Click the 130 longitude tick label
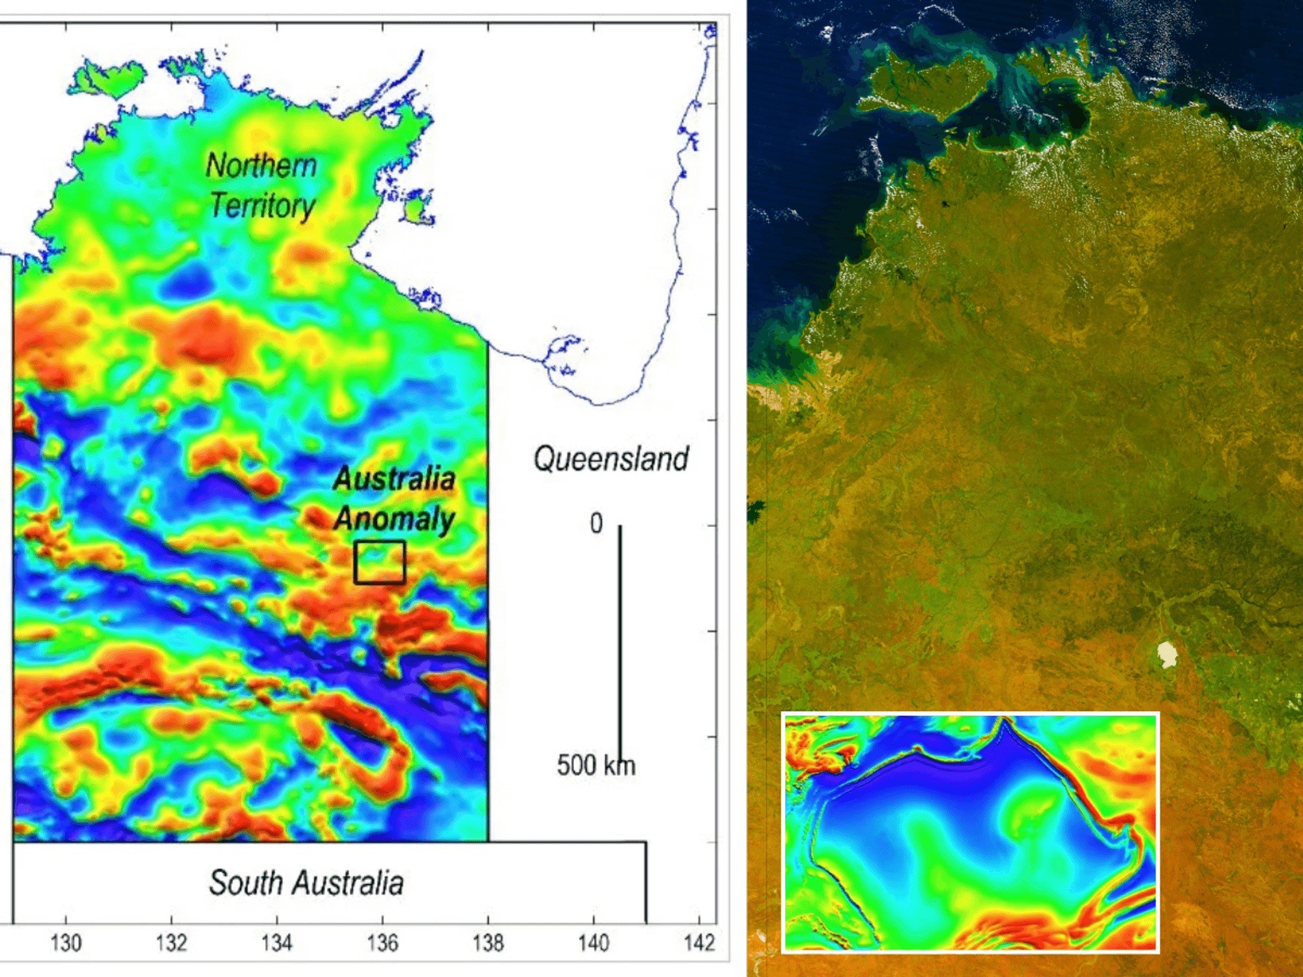coord(66,942)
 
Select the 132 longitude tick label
coord(171,942)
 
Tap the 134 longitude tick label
coord(277,942)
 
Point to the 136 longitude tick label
coord(382,942)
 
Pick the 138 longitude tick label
coord(488,942)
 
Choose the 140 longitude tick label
coord(594,942)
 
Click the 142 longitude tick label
coord(699,942)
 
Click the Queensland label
coord(611,459)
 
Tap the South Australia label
coord(306,883)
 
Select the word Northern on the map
coord(261,165)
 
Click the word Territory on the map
coord(263,206)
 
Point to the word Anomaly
coord(394,519)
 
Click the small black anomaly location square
coord(380,562)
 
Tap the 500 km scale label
coord(595,765)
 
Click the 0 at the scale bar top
coord(596,524)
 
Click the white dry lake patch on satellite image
coord(1167,654)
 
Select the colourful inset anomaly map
coord(969,832)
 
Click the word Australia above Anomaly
coord(394,479)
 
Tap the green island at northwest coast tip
coord(107,79)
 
